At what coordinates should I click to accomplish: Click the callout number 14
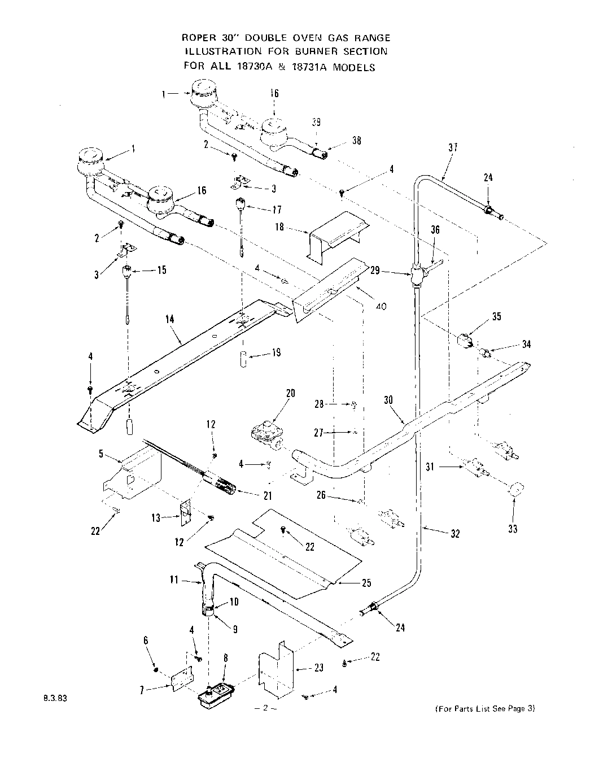click(x=170, y=319)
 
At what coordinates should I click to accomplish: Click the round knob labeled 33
click(x=515, y=490)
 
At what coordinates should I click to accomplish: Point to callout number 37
click(x=452, y=148)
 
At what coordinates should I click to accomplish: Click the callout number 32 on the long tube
click(x=454, y=533)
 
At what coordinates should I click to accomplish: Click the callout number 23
click(x=318, y=668)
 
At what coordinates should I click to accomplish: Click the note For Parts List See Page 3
click(x=484, y=709)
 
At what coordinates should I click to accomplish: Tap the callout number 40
click(x=381, y=307)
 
